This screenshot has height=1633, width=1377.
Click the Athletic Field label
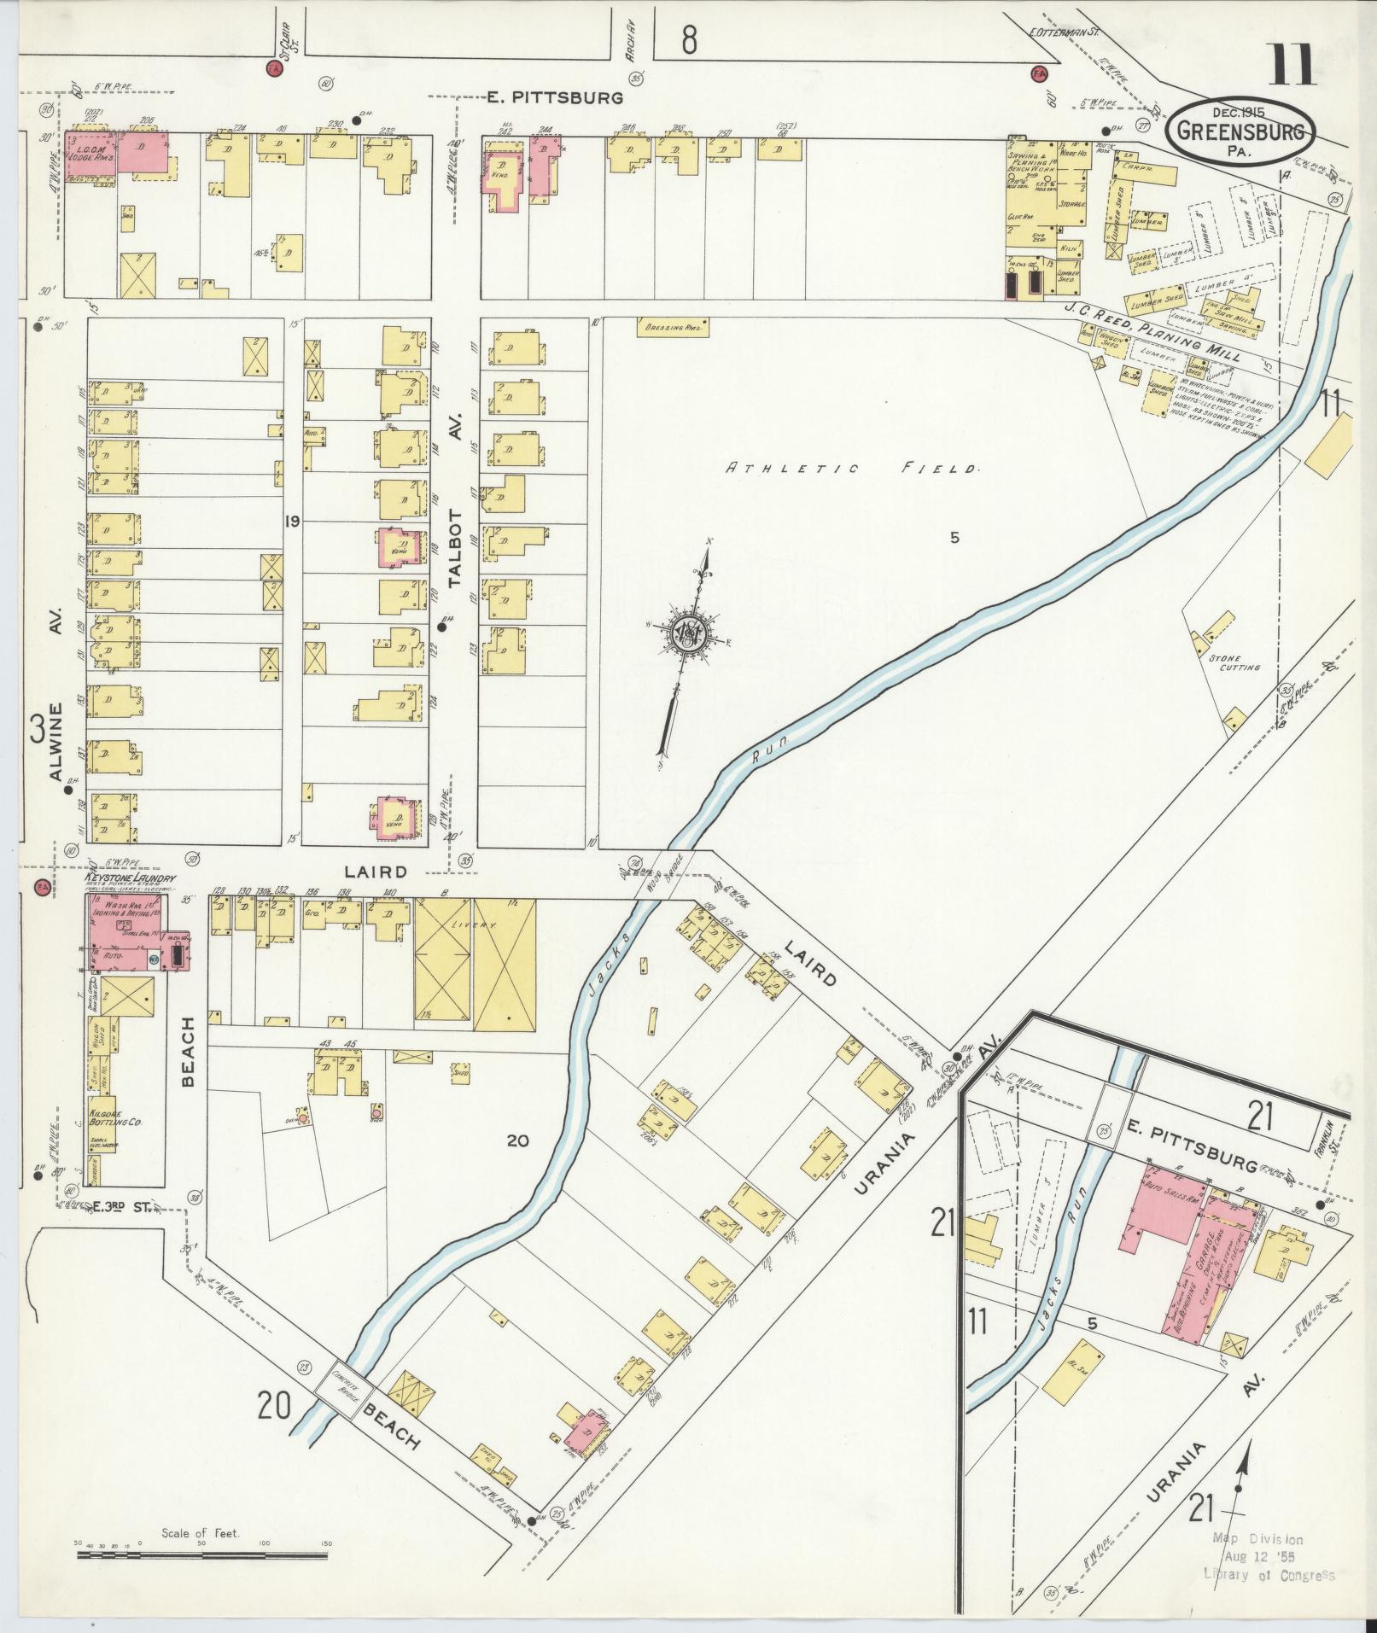coord(851,468)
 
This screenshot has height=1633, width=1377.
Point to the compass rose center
coord(687,633)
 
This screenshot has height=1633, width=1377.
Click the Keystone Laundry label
coord(130,878)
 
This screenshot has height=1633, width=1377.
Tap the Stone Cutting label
coord(1234,662)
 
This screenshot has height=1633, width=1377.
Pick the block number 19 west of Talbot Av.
coord(292,522)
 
